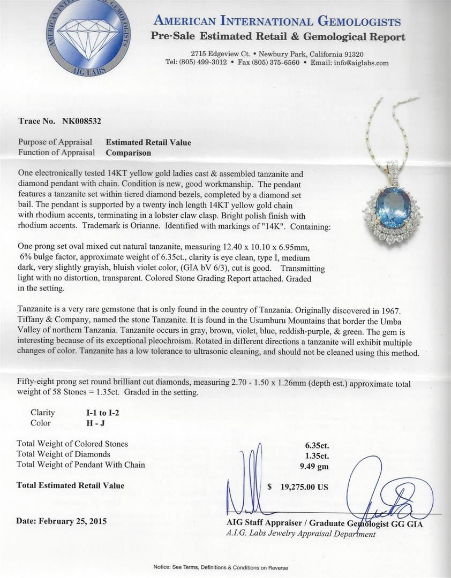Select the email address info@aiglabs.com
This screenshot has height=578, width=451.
tap(362, 63)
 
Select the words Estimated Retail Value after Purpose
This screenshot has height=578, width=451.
tap(148, 142)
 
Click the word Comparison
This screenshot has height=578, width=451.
tap(128, 153)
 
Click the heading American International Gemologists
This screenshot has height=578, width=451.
tap(277, 22)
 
